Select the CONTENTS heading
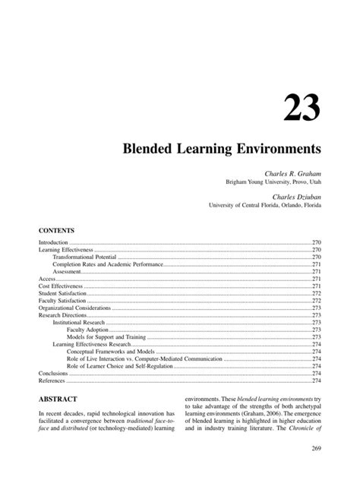[x=55, y=228]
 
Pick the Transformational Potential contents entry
[x=83, y=257]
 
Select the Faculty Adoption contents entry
[x=88, y=330]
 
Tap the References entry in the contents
[x=52, y=381]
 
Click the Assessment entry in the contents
[x=67, y=271]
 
